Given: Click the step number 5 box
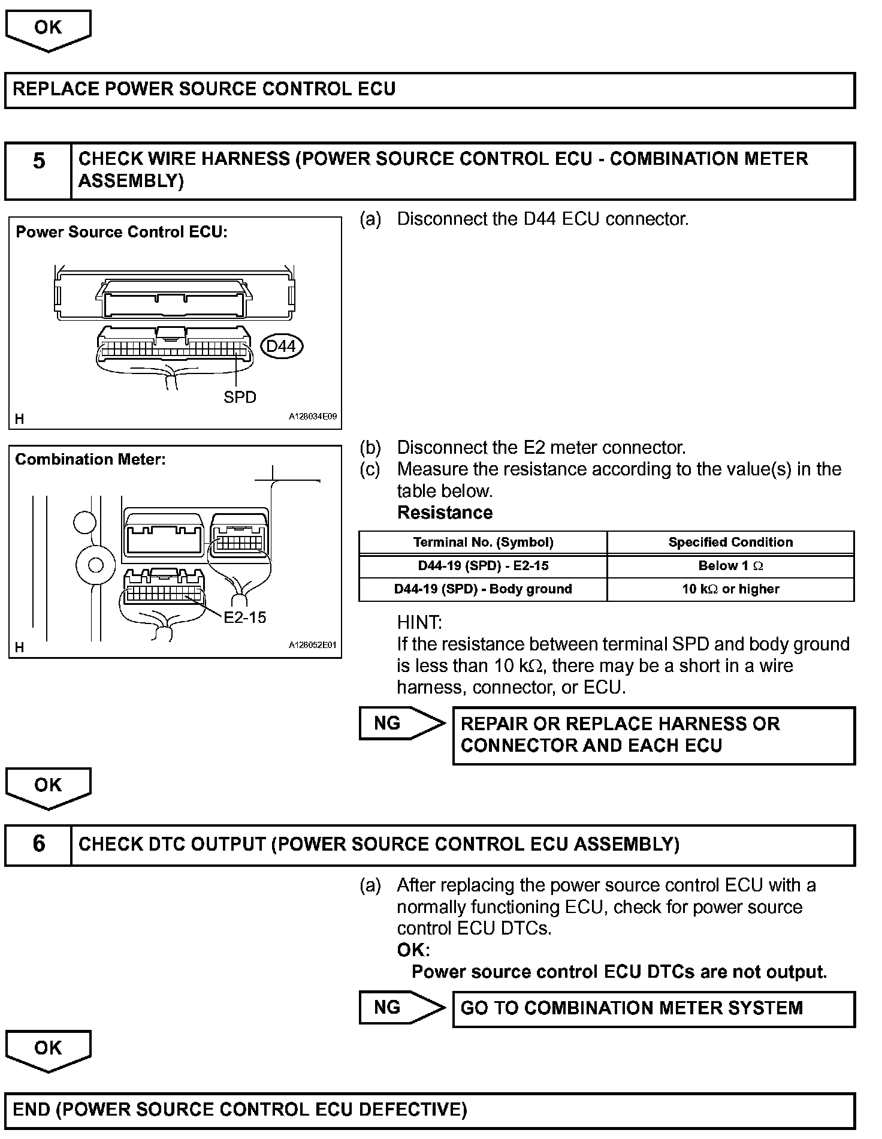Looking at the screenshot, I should [x=38, y=171].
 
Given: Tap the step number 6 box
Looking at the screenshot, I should [x=38, y=845].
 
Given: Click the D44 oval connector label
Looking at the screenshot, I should [x=282, y=346].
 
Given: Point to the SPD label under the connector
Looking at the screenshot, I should [x=240, y=397].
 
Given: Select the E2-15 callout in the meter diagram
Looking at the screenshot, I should [x=245, y=617].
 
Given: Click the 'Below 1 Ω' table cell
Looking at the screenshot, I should [x=730, y=566].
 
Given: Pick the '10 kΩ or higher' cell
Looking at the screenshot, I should [x=730, y=589].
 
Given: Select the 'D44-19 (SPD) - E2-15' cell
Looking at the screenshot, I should [x=483, y=566].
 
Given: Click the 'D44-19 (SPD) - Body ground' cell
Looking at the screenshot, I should [x=483, y=589].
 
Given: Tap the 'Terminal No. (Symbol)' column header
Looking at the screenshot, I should [x=483, y=543].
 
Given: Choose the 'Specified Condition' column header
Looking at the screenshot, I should [x=730, y=543].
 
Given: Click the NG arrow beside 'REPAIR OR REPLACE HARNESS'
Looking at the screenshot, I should [x=401, y=724].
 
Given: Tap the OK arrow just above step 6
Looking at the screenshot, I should [x=48, y=787].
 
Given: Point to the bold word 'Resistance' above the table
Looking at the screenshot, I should [x=445, y=513].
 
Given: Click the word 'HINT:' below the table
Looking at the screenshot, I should [x=419, y=622].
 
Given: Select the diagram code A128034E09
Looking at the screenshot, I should [x=313, y=416].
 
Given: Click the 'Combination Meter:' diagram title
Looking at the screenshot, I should [x=90, y=460].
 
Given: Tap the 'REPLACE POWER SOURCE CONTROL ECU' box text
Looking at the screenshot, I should [x=204, y=89].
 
